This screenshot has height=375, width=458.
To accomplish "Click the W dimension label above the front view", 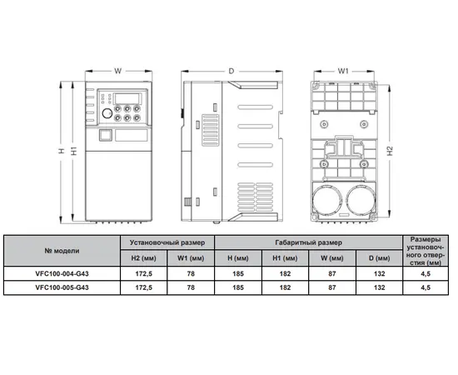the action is pyautogui.click(x=117, y=71).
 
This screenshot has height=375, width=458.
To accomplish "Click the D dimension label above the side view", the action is pyautogui.click(x=231, y=71).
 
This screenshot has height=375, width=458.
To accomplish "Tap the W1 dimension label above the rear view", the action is pyautogui.click(x=343, y=71).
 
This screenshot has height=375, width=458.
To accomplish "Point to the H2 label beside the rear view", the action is pyautogui.click(x=391, y=151).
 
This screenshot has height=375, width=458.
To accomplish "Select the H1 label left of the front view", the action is pyautogui.click(x=74, y=151).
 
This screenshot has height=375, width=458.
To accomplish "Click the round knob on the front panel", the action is pyautogui.click(x=107, y=113).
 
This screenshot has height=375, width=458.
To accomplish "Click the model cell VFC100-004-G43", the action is pyautogui.click(x=62, y=274).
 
